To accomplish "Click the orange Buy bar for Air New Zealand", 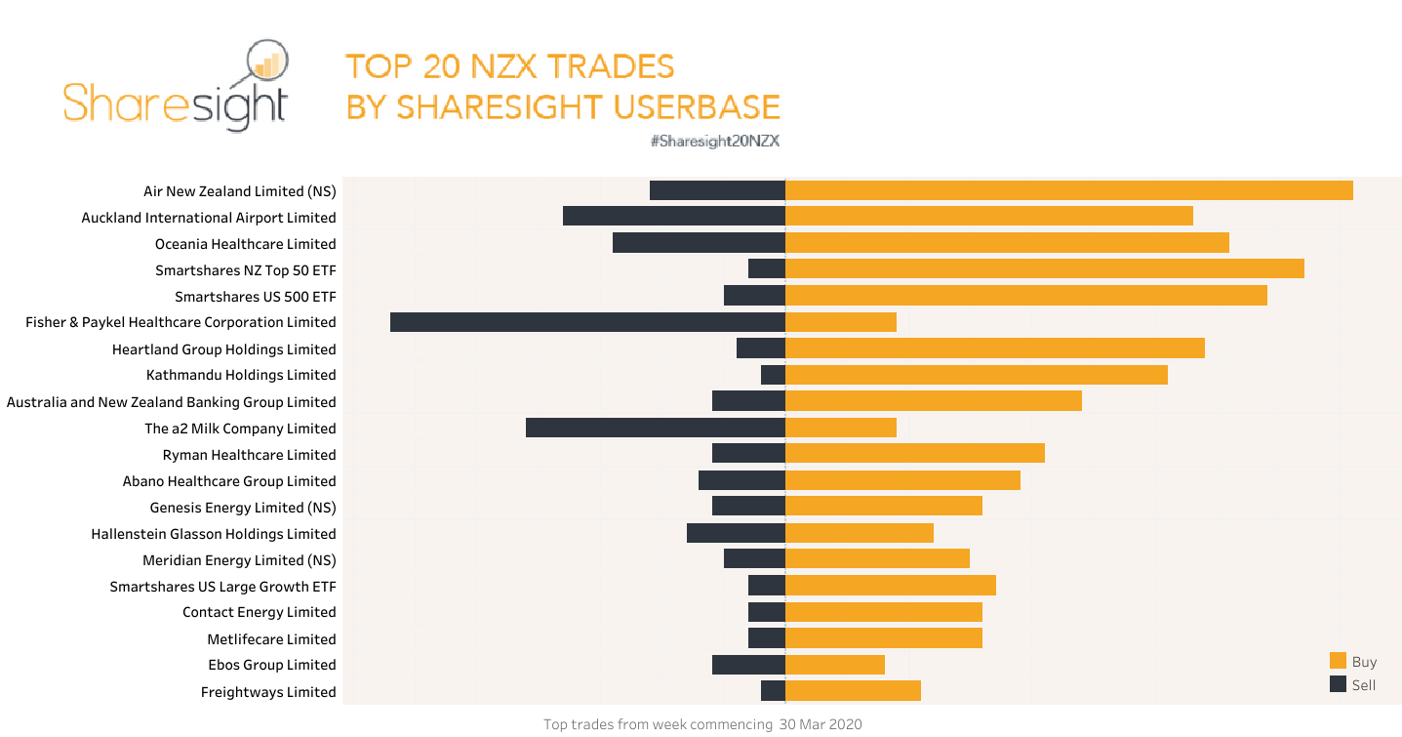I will (1068, 190).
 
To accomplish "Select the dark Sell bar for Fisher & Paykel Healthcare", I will (587, 322).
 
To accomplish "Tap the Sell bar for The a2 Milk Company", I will (655, 428).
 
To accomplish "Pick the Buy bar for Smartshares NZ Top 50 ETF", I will (1044, 269).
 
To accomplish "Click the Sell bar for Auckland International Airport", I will (673, 217).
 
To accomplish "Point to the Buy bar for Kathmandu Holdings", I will (976, 375).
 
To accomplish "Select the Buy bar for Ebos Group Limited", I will (834, 665).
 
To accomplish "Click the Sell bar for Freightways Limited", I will (773, 691).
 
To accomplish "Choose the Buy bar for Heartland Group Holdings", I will (994, 348).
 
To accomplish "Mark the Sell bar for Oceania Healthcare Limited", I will (699, 243).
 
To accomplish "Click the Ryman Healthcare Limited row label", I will (249, 455).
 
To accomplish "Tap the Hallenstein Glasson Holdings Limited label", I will (213, 534).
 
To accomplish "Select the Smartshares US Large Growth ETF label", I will (222, 587).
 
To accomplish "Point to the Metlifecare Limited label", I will (271, 639).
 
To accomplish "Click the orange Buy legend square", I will (1338, 661).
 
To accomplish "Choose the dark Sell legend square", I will (1338, 684).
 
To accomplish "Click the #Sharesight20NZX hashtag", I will (714, 141).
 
